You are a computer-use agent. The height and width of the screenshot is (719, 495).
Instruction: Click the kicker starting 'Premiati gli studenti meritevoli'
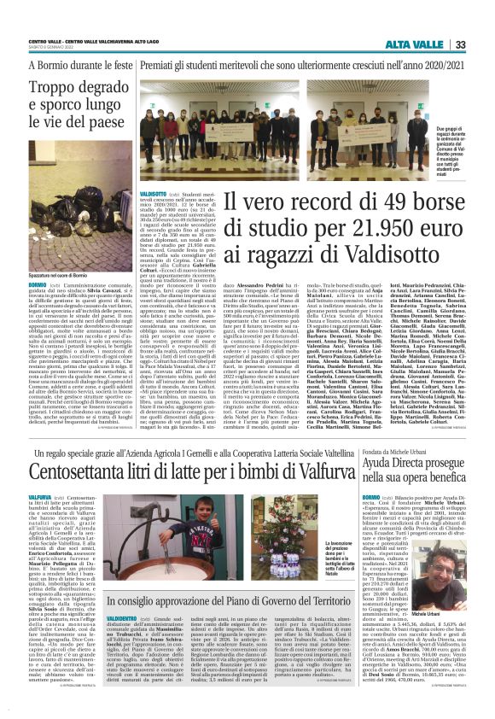(x=292, y=64)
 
